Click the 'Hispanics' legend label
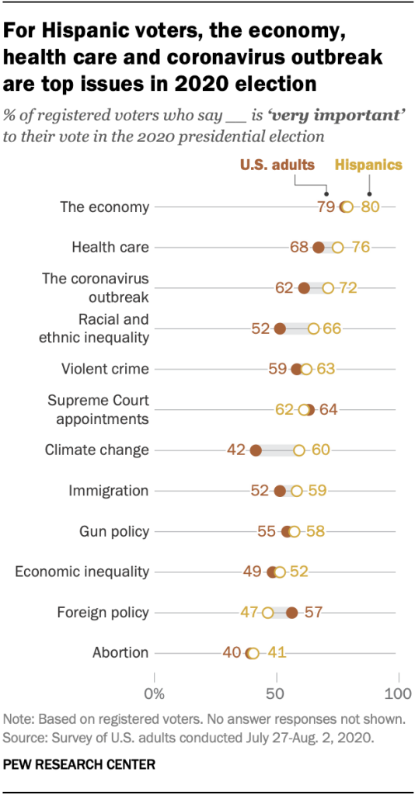(x=369, y=165)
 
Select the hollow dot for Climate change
(x=299, y=450)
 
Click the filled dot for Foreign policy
(x=292, y=613)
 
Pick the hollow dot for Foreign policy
(x=268, y=613)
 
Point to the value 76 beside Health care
(x=360, y=248)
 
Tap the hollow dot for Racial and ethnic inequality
(x=314, y=328)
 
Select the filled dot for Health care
(x=319, y=248)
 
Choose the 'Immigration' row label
(x=109, y=491)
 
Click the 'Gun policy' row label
(x=114, y=531)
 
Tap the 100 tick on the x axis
(x=397, y=691)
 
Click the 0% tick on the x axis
(x=155, y=691)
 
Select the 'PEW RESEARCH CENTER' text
(x=79, y=765)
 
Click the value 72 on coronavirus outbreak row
(x=347, y=288)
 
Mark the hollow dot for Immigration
(x=297, y=491)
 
